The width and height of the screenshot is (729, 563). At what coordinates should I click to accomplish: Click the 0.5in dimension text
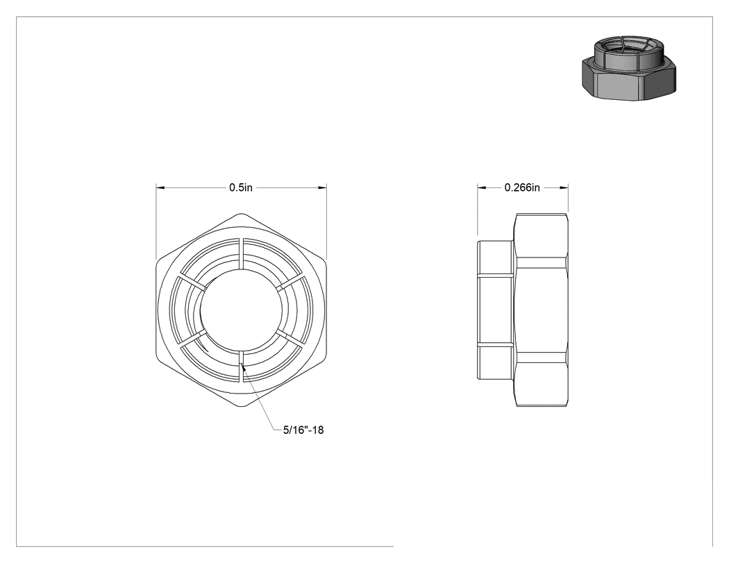pyautogui.click(x=241, y=187)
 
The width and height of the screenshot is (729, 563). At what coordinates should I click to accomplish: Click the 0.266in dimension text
pyautogui.click(x=522, y=187)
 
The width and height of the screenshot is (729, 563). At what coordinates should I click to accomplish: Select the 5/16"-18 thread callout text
pyautogui.click(x=303, y=430)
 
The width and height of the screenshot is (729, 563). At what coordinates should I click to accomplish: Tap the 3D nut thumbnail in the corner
pyautogui.click(x=628, y=68)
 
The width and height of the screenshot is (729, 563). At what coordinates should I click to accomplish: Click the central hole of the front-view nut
pyautogui.click(x=242, y=310)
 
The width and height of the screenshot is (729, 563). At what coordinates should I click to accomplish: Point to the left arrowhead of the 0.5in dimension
pyautogui.click(x=160, y=188)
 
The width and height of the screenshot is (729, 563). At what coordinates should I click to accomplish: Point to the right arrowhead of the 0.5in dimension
pyautogui.click(x=321, y=188)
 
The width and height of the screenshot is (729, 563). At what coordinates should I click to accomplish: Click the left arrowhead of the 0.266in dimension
pyautogui.click(x=482, y=188)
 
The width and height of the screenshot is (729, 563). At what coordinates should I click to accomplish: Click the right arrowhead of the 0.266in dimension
pyautogui.click(x=564, y=188)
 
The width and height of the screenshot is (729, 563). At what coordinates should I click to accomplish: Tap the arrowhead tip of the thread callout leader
pyautogui.click(x=242, y=364)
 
